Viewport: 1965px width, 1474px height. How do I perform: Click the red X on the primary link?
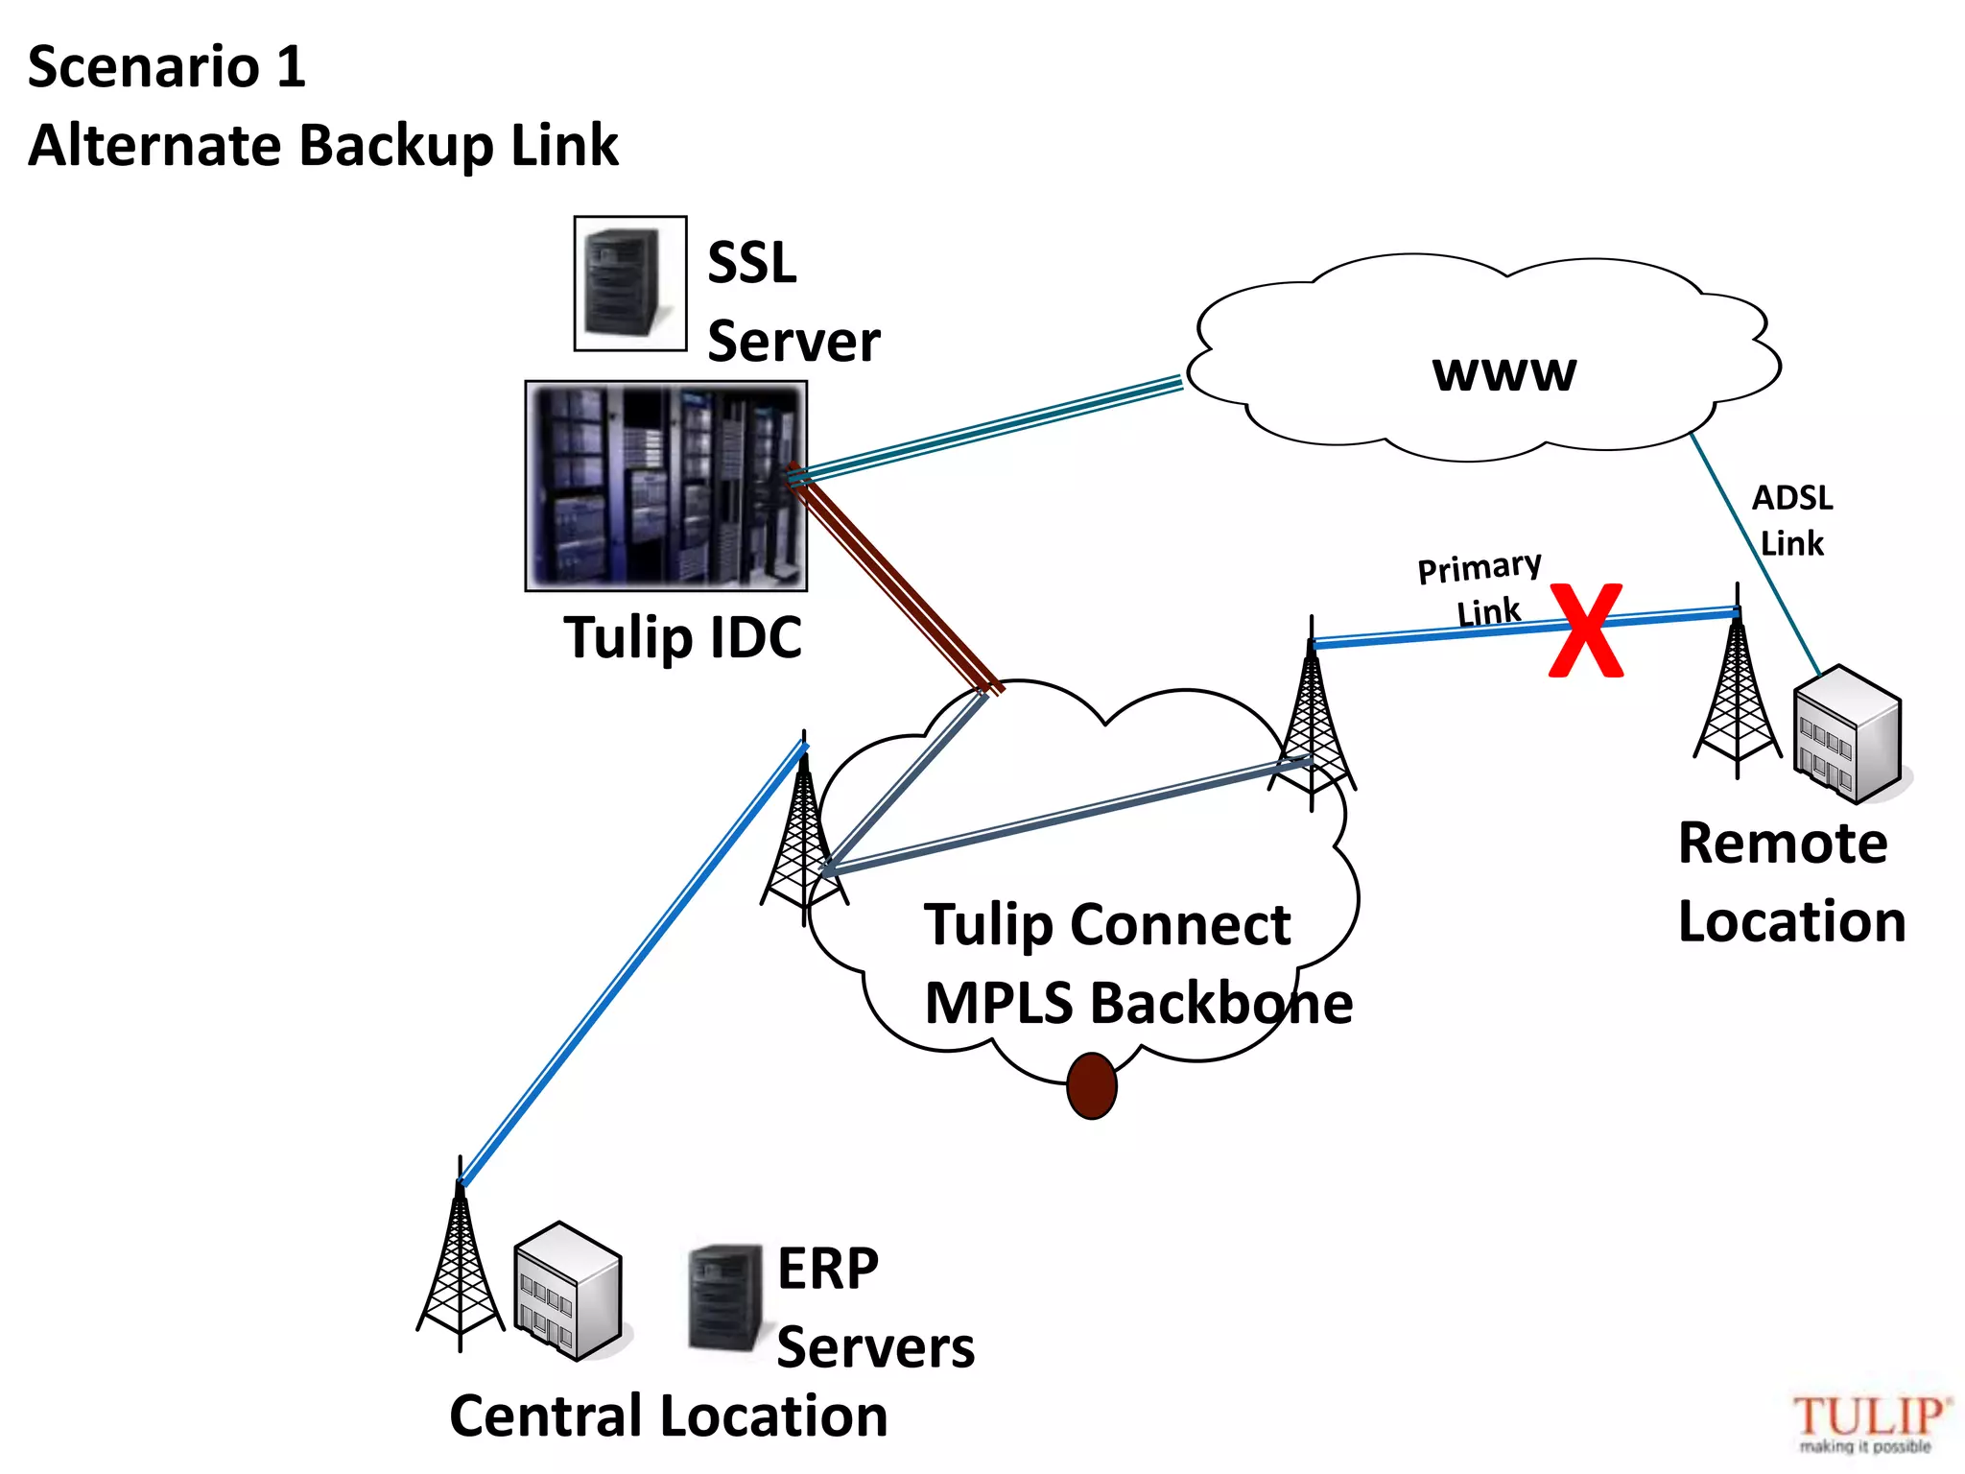[x=1586, y=630]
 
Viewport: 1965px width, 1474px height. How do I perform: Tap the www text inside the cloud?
[x=1503, y=372]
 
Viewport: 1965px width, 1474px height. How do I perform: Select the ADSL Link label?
[x=1791, y=520]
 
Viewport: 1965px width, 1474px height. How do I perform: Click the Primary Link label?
[x=1481, y=587]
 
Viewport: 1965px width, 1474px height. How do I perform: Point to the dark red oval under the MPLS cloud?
[x=1091, y=1085]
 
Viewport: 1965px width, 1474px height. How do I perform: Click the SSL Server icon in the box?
[x=629, y=283]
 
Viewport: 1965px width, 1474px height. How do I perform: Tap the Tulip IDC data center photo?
[x=666, y=486]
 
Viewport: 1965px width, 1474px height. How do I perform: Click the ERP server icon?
[x=725, y=1297]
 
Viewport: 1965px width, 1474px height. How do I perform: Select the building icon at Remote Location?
[x=1848, y=735]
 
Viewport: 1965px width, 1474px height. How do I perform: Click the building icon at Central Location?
[x=568, y=1291]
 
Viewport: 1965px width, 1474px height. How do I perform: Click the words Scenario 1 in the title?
[x=167, y=67]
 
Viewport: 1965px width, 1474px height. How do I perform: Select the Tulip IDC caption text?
[x=682, y=637]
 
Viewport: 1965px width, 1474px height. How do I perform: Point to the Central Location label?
[x=669, y=1416]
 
